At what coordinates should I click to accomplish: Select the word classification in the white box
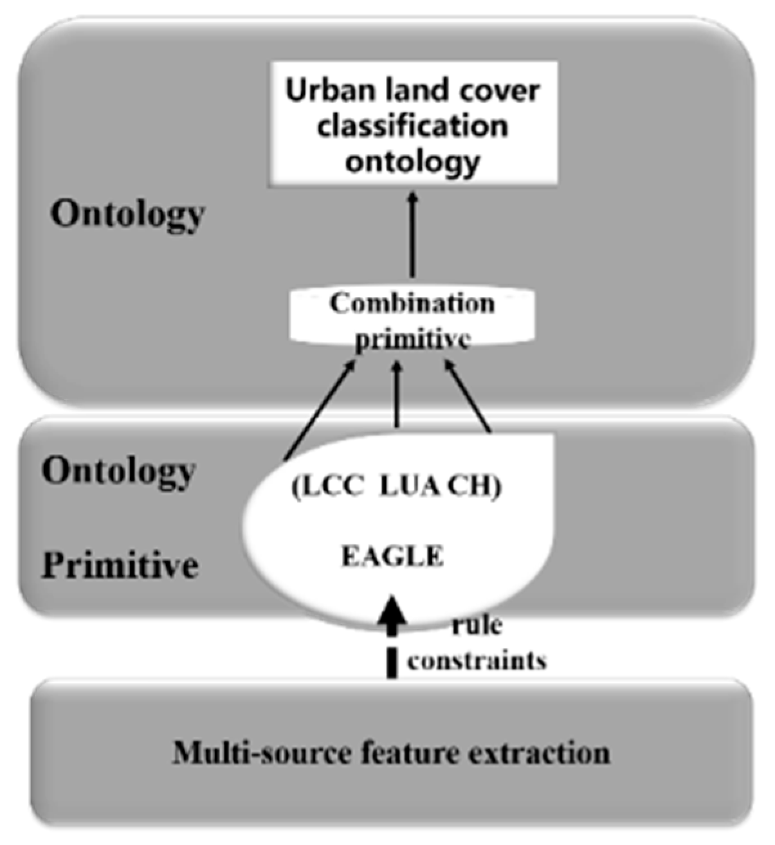[x=412, y=125]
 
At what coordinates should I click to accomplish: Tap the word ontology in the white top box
[x=412, y=161]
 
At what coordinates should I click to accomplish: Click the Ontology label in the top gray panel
[x=127, y=215]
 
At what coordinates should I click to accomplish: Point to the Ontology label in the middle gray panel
[x=118, y=473]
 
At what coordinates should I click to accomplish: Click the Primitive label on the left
[x=120, y=566]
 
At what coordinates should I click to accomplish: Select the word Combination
[x=412, y=303]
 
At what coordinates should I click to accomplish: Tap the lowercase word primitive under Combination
[x=412, y=339]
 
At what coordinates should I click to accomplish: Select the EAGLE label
[x=392, y=556]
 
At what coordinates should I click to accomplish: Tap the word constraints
[x=477, y=660]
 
